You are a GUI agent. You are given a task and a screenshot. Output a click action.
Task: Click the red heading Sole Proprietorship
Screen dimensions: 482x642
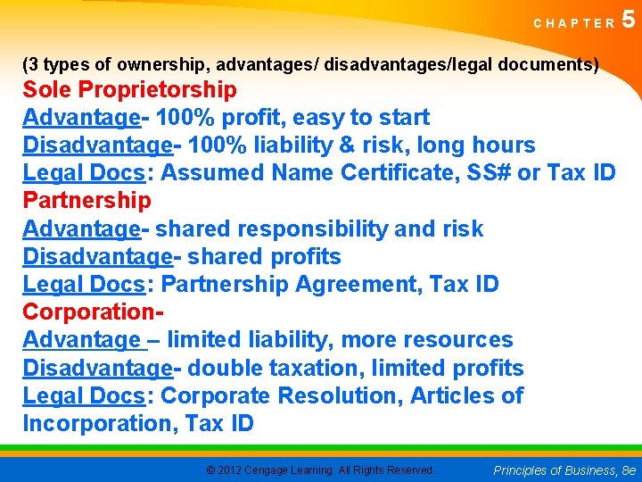click(129, 90)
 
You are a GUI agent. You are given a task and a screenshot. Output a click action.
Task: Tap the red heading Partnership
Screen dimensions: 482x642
click(86, 201)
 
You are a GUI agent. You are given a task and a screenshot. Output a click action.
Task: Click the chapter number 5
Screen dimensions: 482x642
click(630, 20)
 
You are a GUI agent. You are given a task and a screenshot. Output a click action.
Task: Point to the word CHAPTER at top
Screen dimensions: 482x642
click(574, 24)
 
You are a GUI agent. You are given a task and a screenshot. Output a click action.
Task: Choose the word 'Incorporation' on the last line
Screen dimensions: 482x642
click(99, 424)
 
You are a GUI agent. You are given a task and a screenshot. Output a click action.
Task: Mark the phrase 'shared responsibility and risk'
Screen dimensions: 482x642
click(318, 229)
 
